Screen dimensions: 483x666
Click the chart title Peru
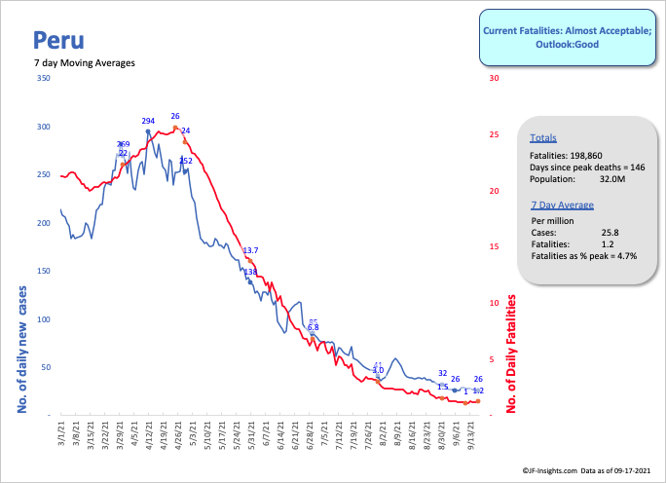[57, 40]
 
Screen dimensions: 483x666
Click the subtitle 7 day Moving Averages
[84, 63]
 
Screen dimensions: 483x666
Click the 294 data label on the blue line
[148, 122]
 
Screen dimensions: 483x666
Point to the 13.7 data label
[250, 251]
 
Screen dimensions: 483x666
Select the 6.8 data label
[313, 328]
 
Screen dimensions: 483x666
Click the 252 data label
[186, 161]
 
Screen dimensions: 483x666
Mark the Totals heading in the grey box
[543, 138]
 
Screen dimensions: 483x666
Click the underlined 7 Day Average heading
[563, 205]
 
